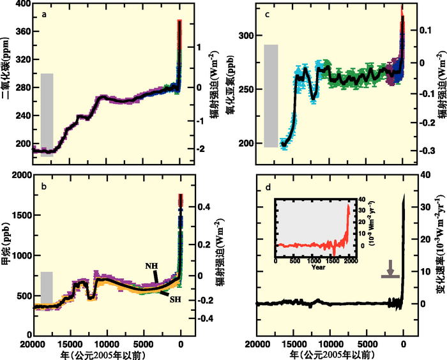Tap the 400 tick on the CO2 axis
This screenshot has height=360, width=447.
(x=22, y=4)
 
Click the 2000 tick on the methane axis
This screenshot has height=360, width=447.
(x=20, y=175)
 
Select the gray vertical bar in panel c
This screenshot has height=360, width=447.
(x=271, y=96)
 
